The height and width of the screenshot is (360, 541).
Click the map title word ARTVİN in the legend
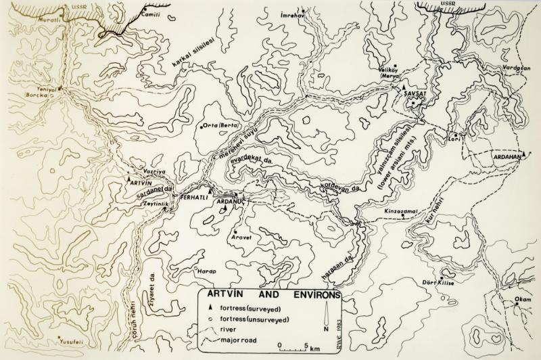pos(225,296)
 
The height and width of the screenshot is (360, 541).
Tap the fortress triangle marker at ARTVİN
pos(129,181)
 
